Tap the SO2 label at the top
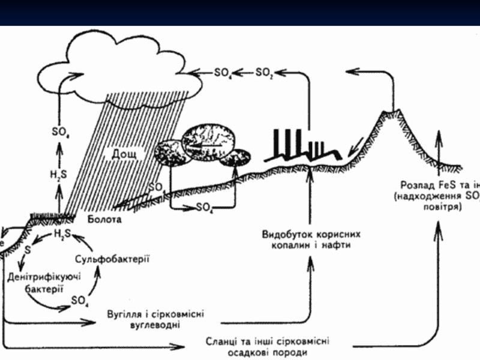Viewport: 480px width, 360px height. [x=264, y=73]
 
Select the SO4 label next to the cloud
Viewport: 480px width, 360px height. [x=223, y=73]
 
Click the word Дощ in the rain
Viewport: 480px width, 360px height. [x=124, y=154]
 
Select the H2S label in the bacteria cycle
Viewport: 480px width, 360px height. [x=62, y=233]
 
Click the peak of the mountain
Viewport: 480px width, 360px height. [x=394, y=112]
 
